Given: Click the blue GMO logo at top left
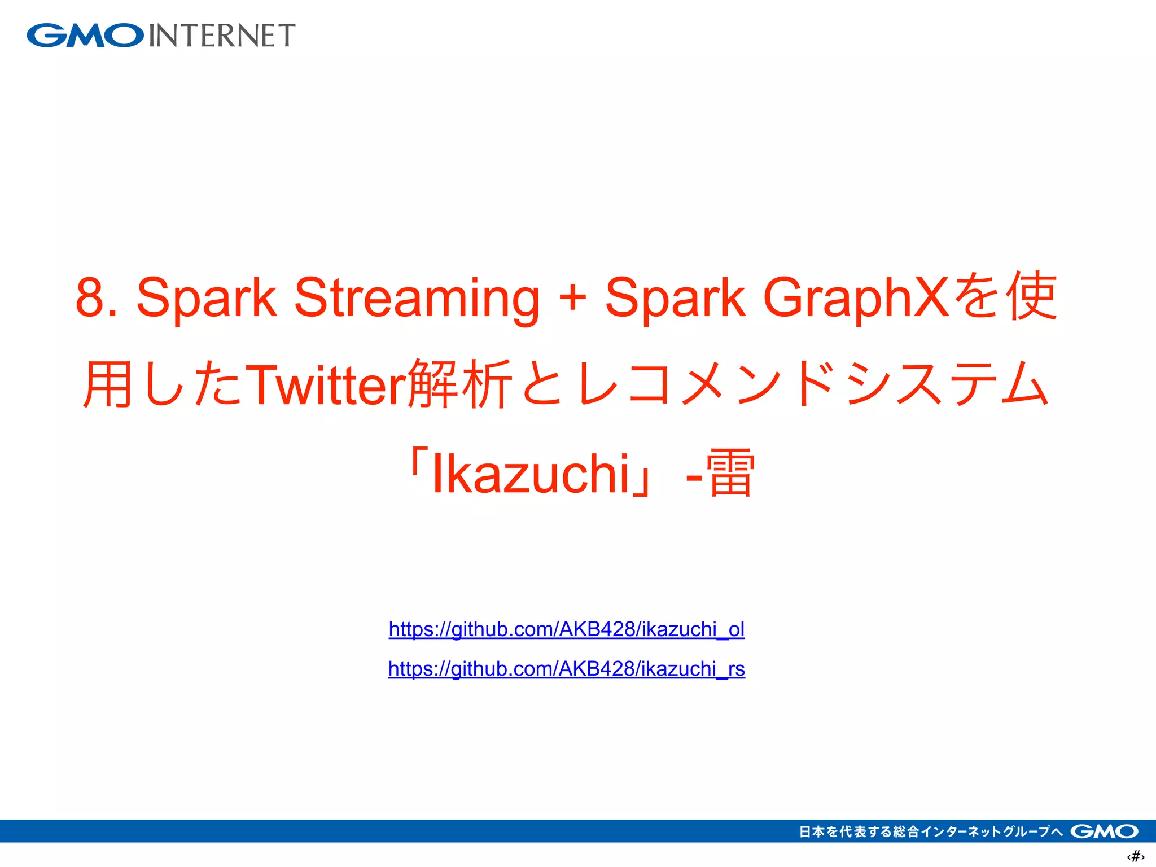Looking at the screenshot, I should click(85, 36).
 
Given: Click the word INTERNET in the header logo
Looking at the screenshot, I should click(222, 36).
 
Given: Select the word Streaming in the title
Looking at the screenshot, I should click(417, 297).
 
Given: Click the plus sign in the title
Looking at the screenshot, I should click(572, 297).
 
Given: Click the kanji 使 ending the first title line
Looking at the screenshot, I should click(1033, 296).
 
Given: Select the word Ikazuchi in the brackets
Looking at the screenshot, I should click(531, 473).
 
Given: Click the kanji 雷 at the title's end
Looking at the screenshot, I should click(730, 473).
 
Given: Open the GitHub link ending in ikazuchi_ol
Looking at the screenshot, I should click(567, 629).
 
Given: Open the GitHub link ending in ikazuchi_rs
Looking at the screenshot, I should click(567, 669).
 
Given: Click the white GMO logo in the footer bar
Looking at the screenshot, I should click(1104, 831).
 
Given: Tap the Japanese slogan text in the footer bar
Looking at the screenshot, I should click(930, 831).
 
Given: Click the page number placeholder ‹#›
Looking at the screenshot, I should click(1135, 856).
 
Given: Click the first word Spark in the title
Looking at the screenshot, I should click(207, 297).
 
